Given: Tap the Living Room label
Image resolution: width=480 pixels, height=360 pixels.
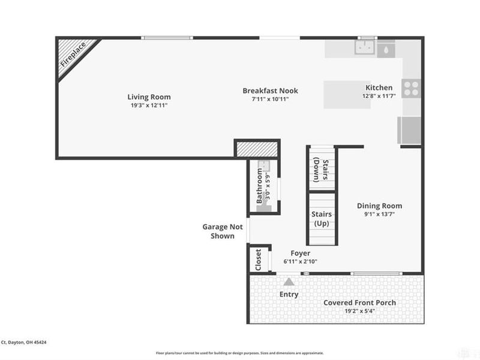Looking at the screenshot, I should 149,97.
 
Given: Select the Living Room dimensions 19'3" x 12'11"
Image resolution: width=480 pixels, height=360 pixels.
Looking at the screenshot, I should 149,106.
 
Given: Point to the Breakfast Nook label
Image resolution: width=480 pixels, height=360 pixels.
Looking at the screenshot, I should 270,91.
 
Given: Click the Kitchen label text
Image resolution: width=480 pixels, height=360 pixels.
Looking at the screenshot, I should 379,88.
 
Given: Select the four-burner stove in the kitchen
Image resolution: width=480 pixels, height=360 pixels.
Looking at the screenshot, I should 411,89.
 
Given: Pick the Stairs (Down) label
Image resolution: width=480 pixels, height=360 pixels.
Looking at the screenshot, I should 321,169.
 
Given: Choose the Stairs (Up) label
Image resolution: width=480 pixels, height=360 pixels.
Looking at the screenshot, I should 321,218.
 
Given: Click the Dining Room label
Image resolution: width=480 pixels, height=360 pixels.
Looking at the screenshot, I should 379,206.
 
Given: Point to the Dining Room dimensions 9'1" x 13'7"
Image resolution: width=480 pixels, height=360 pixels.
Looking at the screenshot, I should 379,215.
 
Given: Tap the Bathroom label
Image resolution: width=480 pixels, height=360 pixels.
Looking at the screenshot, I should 260,187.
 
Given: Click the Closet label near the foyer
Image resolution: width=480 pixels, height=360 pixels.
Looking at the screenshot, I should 259,260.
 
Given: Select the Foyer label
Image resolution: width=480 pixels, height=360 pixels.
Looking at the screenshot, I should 300,253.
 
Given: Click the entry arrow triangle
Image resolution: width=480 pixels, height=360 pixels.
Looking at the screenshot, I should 289,281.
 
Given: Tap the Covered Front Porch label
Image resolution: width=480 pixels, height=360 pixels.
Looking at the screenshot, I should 359,302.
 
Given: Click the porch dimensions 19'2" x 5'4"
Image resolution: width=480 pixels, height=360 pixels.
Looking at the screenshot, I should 359,311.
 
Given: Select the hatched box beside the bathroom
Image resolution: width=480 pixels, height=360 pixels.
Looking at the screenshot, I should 257,149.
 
